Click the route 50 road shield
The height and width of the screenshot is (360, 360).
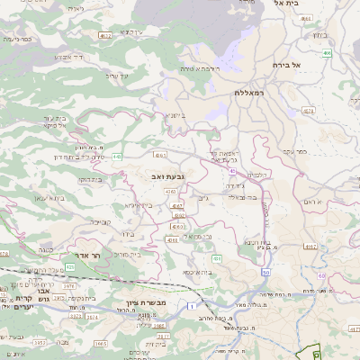click(266, 272)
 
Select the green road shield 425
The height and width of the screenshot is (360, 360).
click(70, 266)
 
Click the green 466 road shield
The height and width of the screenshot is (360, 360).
click(328, 53)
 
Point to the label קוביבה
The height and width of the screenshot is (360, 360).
click(99, 220)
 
